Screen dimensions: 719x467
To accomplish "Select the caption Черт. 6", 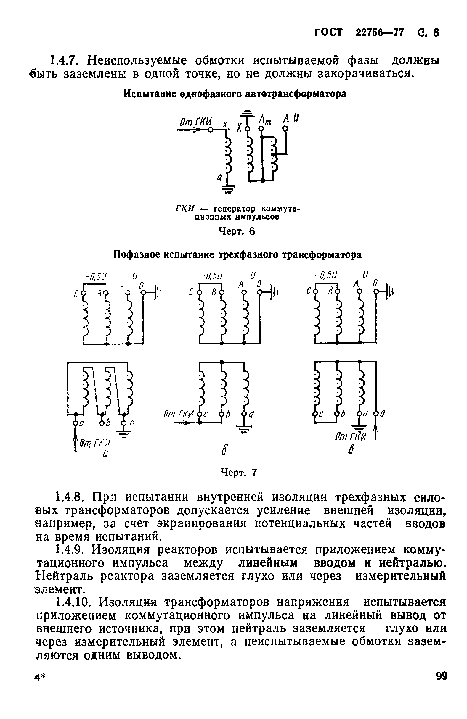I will (x=236, y=231).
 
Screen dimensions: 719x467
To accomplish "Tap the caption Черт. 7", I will (x=239, y=473).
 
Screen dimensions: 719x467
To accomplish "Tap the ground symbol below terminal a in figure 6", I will (x=229, y=190).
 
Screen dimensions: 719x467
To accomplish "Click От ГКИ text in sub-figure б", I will (x=178, y=415).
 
